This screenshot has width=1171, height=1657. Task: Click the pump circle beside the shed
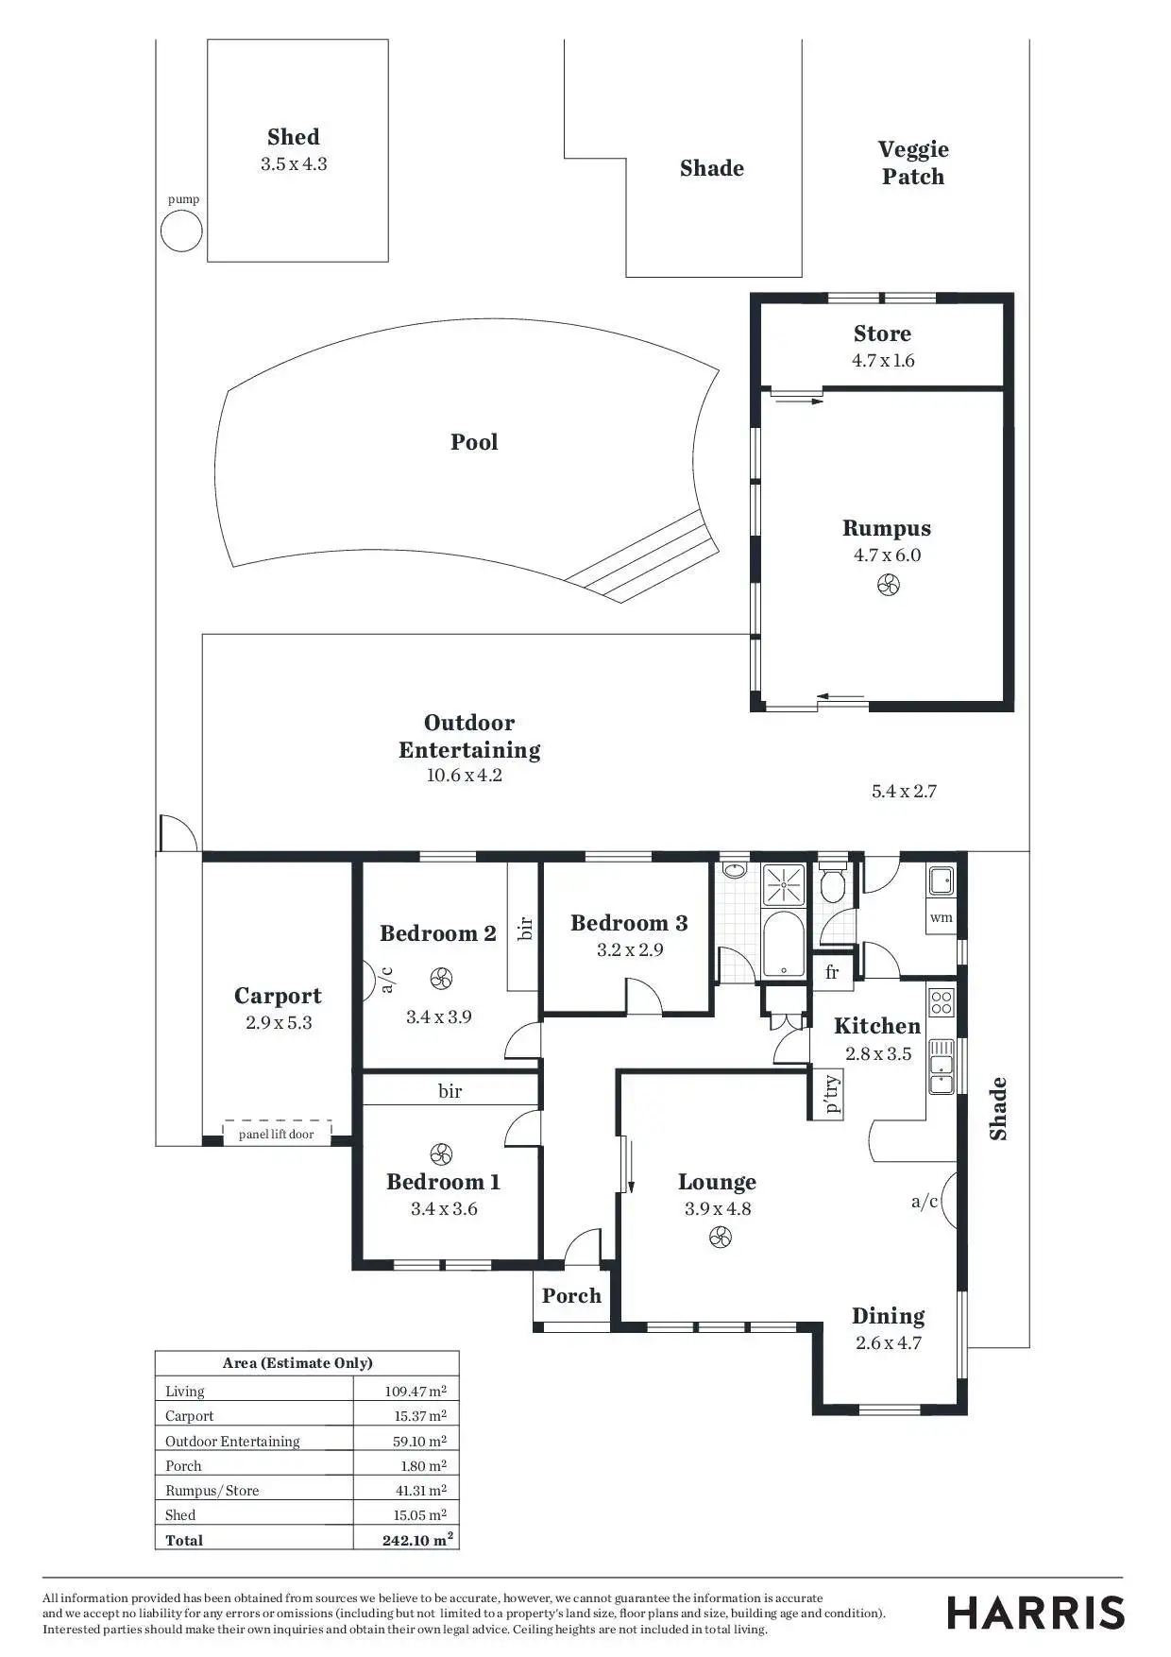pos(181,231)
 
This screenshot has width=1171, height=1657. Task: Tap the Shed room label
pos(294,137)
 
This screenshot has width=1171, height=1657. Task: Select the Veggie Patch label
pos(913,162)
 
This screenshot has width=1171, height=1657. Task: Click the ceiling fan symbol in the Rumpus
pos(888,585)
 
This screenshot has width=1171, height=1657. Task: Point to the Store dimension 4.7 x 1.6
pos(883,360)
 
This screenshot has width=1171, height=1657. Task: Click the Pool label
pos(474,442)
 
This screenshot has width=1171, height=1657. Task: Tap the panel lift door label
pos(276,1134)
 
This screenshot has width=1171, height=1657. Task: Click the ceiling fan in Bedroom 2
pos(441,979)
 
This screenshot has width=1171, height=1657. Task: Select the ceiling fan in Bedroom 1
pos(441,1153)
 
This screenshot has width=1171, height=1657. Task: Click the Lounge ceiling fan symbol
pos(720,1237)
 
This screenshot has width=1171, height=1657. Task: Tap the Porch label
pos(571,1296)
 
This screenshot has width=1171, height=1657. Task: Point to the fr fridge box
pos(832,972)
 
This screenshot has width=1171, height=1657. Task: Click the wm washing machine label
pos(942,917)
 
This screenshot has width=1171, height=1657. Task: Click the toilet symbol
pos(832,886)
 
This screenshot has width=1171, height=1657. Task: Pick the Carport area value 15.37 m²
pos(420,1415)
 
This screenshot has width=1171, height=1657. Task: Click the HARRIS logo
pos(1036,1613)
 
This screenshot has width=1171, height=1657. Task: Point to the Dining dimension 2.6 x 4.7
pos(889,1342)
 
